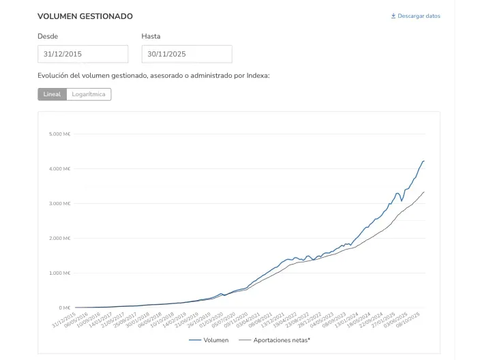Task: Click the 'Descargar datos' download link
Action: click(419, 16)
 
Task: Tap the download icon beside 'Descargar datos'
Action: click(393, 16)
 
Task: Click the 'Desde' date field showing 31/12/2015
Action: click(82, 54)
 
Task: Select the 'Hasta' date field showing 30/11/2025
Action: click(186, 54)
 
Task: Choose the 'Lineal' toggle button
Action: click(52, 94)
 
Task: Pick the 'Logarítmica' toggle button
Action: click(89, 94)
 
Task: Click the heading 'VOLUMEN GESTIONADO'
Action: click(85, 16)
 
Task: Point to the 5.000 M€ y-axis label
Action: click(59, 134)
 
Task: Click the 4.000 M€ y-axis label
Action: click(59, 168)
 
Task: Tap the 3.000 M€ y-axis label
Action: click(59, 203)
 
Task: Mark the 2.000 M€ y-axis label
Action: click(59, 238)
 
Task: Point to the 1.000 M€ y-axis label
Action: click(59, 273)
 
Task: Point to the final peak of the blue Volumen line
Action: click(423, 161)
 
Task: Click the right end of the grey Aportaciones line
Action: click(424, 192)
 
